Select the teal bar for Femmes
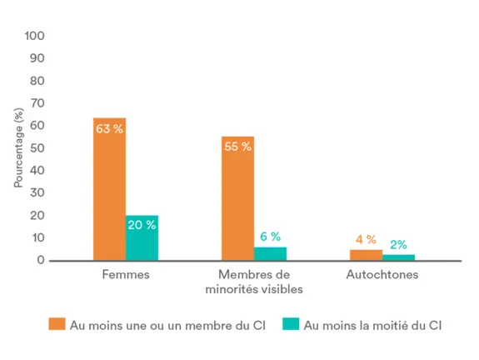pyautogui.click(x=142, y=242)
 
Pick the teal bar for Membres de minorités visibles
pyautogui.click(x=270, y=253)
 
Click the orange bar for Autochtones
pyautogui.click(x=366, y=255)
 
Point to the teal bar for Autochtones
pyautogui.click(x=398, y=257)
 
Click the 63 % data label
pyautogui.click(x=109, y=129)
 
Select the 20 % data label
pyautogui.click(x=142, y=225)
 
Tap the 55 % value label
pyautogui.click(x=237, y=147)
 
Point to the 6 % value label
pyautogui.click(x=270, y=237)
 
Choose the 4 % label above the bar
pyautogui.click(x=366, y=240)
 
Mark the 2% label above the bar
pyautogui.click(x=398, y=245)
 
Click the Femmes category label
pyautogui.click(x=126, y=274)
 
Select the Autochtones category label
pyautogui.click(x=382, y=274)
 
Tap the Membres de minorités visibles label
pyautogui.click(x=254, y=282)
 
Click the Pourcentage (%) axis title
pyautogui.click(x=19, y=148)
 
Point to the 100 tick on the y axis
pyautogui.click(x=34, y=37)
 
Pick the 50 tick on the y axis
pyautogui.click(x=37, y=148)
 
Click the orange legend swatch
pyautogui.click(x=57, y=325)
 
